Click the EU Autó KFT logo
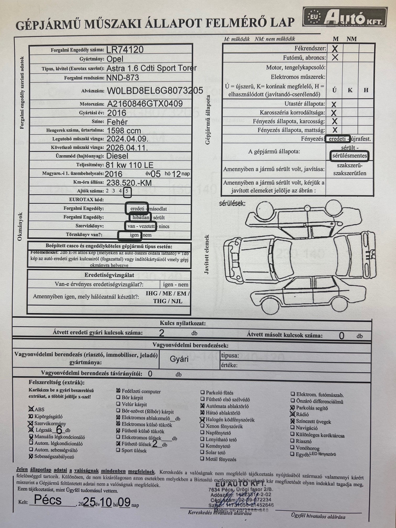click(x=345, y=17)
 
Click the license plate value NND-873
click(x=123, y=78)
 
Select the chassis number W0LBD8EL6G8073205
click(x=155, y=91)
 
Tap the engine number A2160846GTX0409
click(x=145, y=103)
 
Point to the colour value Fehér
click(x=117, y=122)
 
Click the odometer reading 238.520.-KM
click(x=129, y=183)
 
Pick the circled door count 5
click(x=127, y=191)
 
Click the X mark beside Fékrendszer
click(x=335, y=48)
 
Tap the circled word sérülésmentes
click(x=349, y=156)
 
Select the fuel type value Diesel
click(x=117, y=156)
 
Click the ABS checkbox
click(x=31, y=409)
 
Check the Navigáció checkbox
click(x=293, y=427)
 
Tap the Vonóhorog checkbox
click(x=293, y=447)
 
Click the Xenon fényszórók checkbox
click(x=202, y=426)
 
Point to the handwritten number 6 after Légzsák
click(x=59, y=430)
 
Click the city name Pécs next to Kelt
click(x=48, y=500)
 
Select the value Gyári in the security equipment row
click(x=179, y=359)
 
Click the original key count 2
click(x=162, y=333)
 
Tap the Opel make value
click(x=115, y=59)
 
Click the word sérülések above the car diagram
click(x=232, y=203)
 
